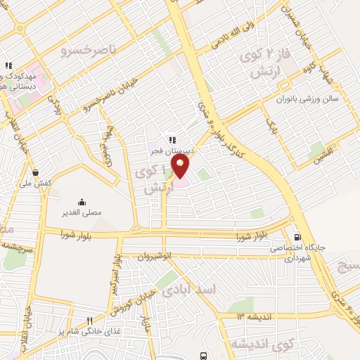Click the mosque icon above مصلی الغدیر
[x=83, y=200]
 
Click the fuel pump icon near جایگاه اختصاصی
[x=299, y=237]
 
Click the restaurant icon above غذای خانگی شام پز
[x=89, y=320]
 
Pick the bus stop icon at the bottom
[x=203, y=355]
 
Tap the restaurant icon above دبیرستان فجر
[x=171, y=139]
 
